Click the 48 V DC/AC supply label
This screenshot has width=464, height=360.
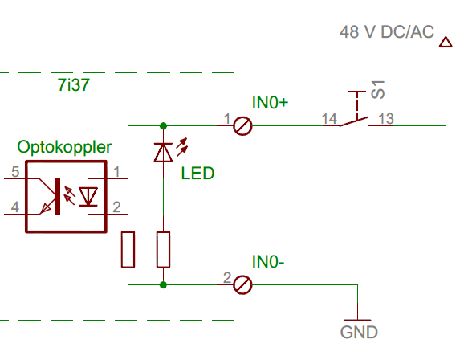tap(387, 31)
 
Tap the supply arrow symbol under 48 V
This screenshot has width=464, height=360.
tap(446, 42)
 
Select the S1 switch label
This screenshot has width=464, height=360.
tap(378, 89)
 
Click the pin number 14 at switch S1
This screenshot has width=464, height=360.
tap(329, 118)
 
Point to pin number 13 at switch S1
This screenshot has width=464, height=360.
tap(386, 118)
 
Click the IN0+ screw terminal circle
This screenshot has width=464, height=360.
tap(242, 126)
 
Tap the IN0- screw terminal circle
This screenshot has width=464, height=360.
tap(242, 284)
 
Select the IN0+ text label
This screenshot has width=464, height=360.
tap(270, 103)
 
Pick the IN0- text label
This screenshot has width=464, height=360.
tap(268, 262)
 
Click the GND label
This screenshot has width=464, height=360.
tap(359, 332)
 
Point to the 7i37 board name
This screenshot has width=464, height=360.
tap(73, 84)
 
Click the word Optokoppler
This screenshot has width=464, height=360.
tap(64, 147)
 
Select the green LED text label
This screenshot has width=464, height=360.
tap(197, 173)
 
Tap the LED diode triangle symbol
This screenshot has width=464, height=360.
tap(163, 153)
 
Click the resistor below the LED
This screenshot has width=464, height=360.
tap(163, 250)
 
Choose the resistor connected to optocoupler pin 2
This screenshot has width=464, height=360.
tap(128, 250)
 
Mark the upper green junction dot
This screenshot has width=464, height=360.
tap(163, 126)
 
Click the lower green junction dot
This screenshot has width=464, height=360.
tap(163, 285)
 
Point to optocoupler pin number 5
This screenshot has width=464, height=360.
tap(15, 172)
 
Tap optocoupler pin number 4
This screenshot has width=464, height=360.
tap(15, 207)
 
